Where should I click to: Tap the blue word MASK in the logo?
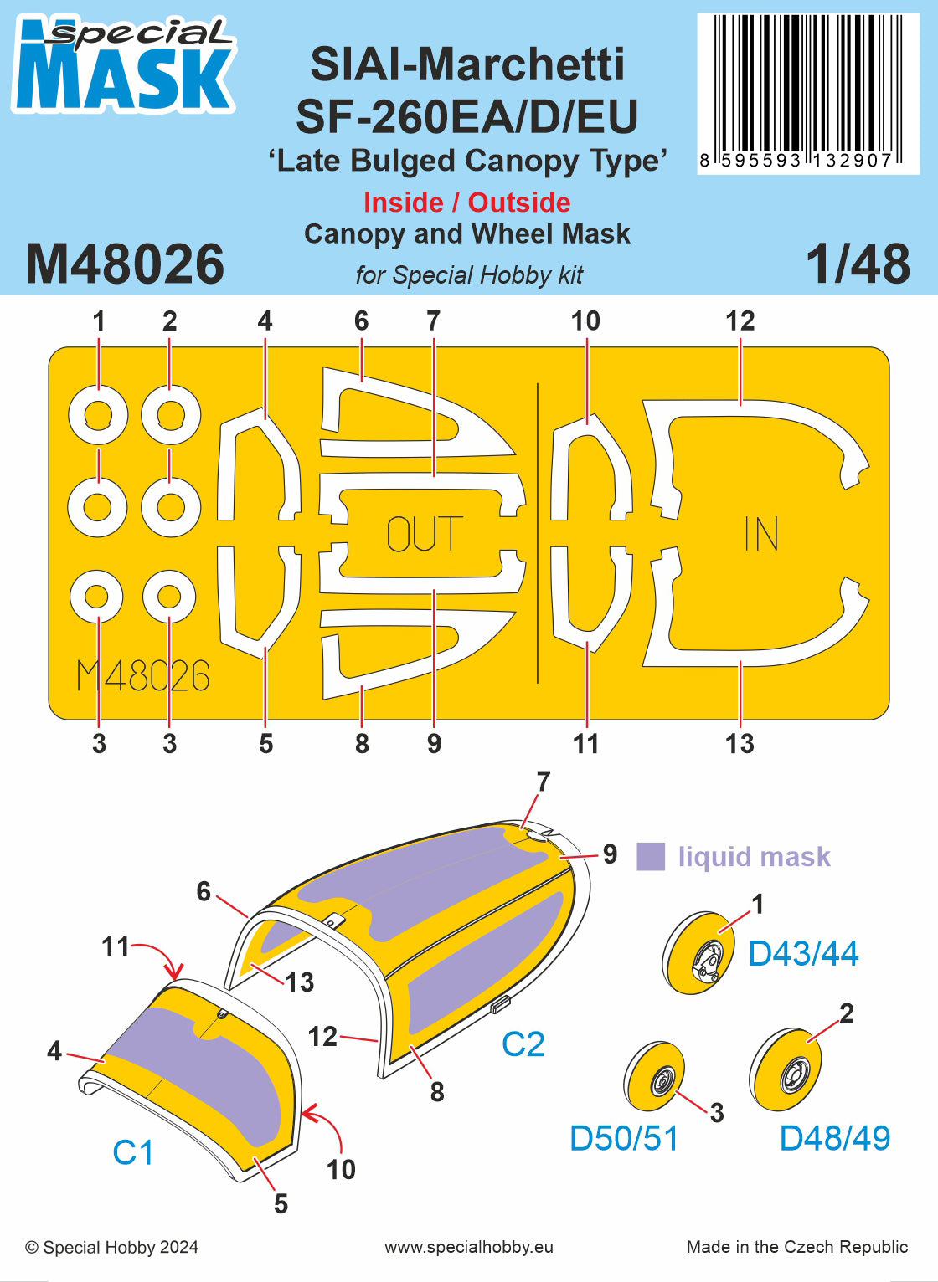[x=124, y=78]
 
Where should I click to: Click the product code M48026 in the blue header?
[x=125, y=264]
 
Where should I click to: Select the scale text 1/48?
[x=858, y=264]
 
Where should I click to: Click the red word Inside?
[x=404, y=203]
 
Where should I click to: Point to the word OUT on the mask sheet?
[x=425, y=535]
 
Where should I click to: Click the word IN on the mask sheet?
[x=761, y=534]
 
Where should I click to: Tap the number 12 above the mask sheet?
[x=740, y=320]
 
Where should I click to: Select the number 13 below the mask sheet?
[x=740, y=743]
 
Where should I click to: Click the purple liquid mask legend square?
[x=651, y=856]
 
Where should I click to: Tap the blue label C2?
[x=523, y=1044]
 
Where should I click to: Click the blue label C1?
[x=133, y=1152]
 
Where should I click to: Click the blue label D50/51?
[x=624, y=1138]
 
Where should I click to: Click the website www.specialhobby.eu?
[x=469, y=1247]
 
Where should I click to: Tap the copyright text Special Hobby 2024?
[x=112, y=1247]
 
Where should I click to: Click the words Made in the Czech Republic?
[x=796, y=1247]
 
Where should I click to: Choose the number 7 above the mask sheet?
[x=433, y=320]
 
